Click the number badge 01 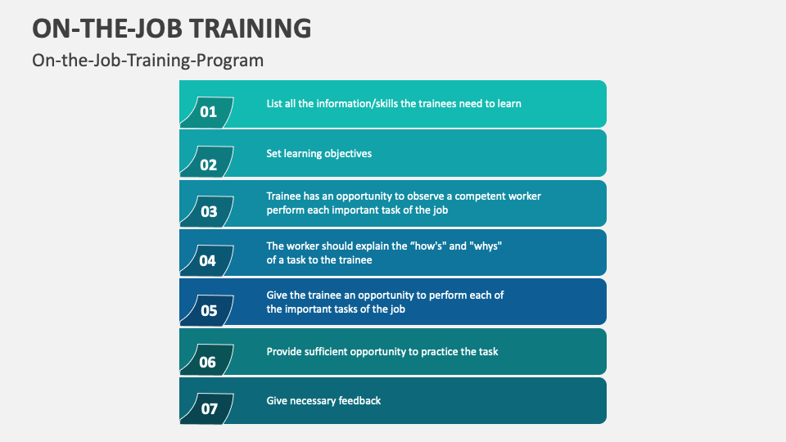208,112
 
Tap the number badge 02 208,164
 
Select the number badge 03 208,212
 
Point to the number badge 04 208,261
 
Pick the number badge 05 208,311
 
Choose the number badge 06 208,361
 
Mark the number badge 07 208,408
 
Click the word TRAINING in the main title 251,27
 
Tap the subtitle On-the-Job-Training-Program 147,60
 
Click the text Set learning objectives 318,153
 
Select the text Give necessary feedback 323,400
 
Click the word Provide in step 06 284,351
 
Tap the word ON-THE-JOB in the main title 106,27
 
